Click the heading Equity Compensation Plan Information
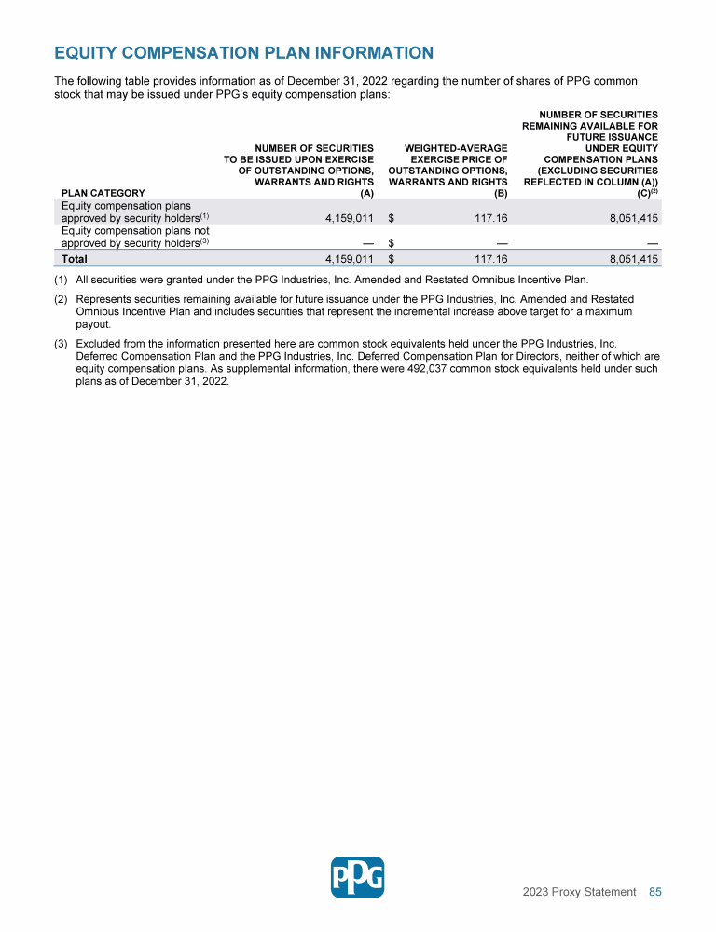tap(244, 53)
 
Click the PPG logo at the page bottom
tap(357, 877)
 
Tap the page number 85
tap(655, 892)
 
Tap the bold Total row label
tap(75, 258)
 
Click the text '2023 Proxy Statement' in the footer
tap(579, 892)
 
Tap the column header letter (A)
tap(366, 194)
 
